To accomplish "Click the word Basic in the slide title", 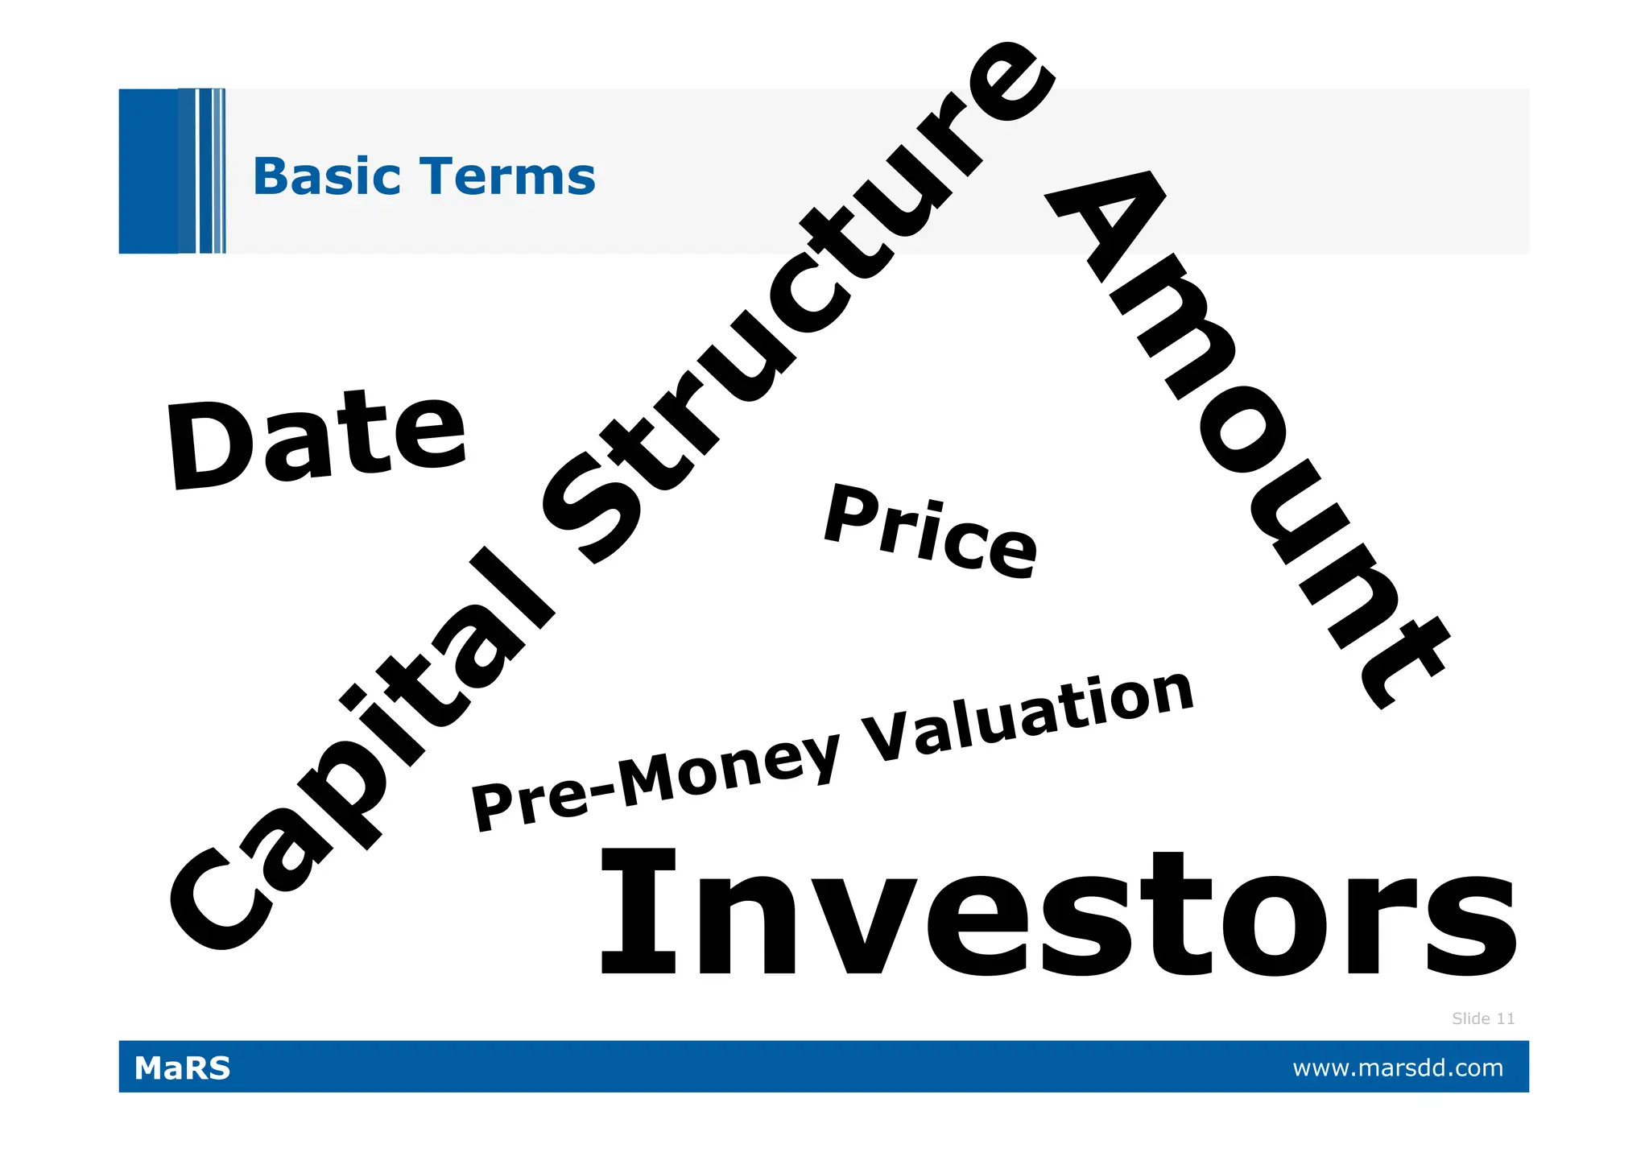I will (326, 176).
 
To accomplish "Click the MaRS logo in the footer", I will (182, 1068).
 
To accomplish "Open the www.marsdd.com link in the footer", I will (1397, 1068).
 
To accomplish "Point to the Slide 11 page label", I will (1482, 1018).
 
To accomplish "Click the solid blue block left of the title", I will (148, 171).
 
